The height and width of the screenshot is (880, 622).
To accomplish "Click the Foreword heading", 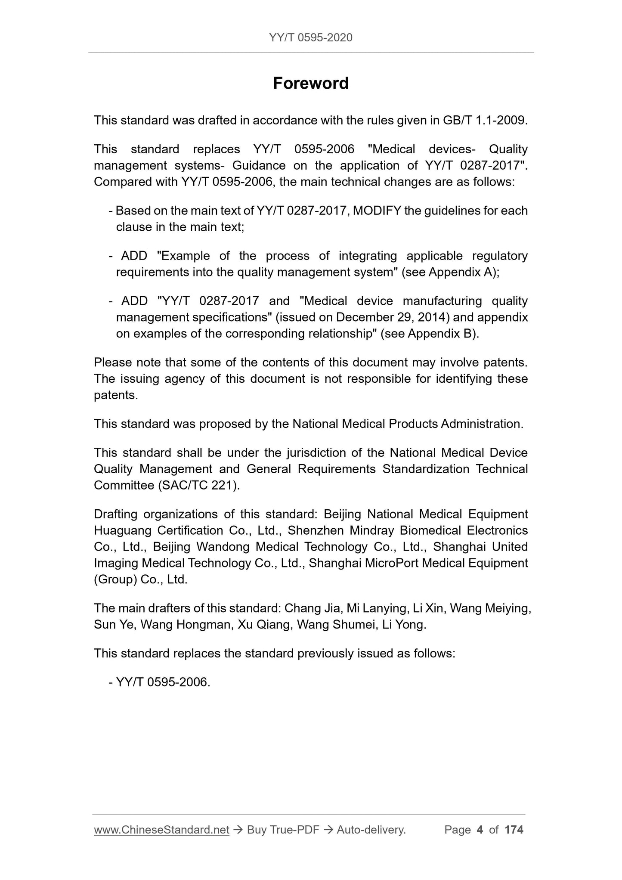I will [310, 83].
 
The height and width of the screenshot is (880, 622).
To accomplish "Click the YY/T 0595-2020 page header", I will [310, 37].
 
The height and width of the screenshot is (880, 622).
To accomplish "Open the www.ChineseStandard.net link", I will [161, 830].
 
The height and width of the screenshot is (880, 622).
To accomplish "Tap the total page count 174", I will [514, 830].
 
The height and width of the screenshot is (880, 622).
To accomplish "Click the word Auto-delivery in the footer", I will [371, 830].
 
